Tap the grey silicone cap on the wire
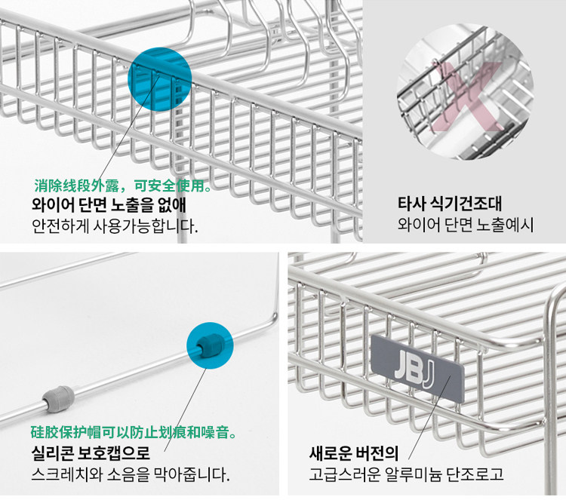(x=57, y=397)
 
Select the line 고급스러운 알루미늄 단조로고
(x=406, y=475)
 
